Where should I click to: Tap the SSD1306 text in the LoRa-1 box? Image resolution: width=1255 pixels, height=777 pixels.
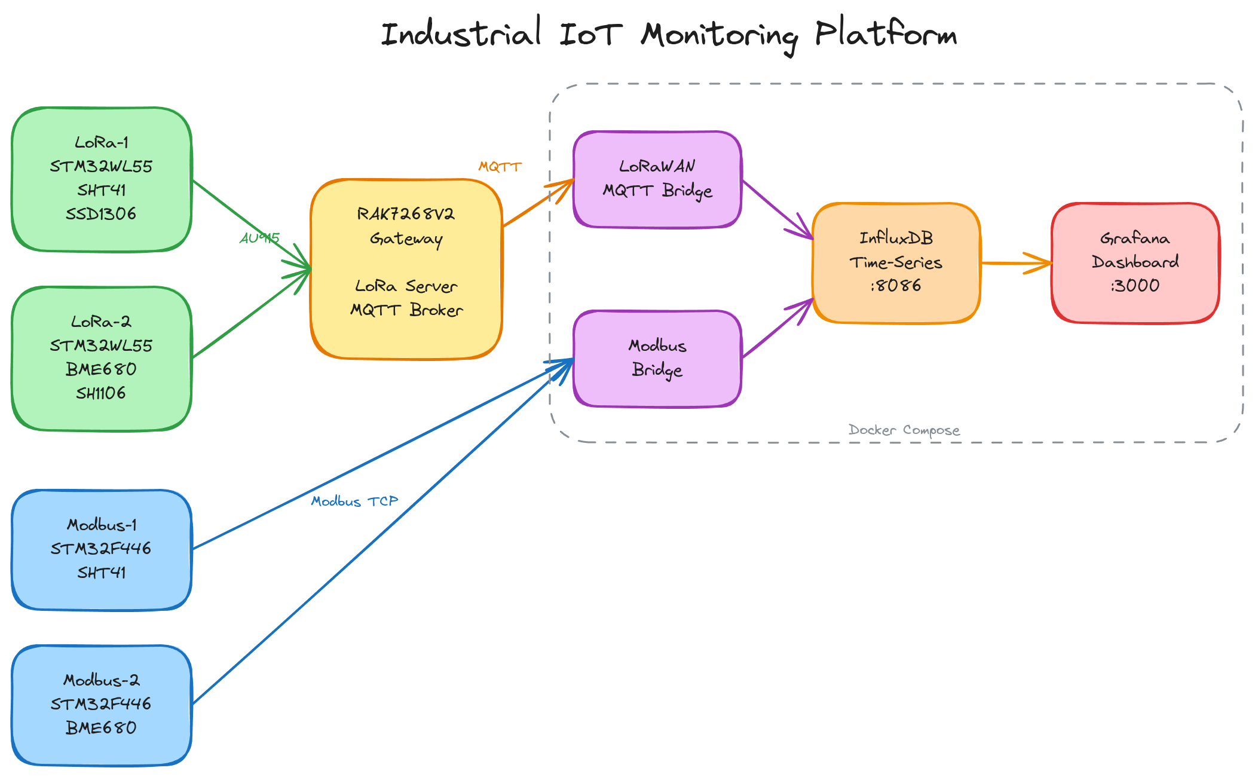click(101, 214)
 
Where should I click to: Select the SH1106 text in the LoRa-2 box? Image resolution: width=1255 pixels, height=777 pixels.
click(101, 393)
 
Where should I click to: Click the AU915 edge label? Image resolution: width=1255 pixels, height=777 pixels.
click(259, 238)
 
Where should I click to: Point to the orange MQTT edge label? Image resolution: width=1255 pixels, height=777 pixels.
click(500, 167)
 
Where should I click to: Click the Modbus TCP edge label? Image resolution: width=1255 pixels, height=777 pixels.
click(354, 501)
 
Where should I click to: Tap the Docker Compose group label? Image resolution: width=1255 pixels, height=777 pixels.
click(904, 430)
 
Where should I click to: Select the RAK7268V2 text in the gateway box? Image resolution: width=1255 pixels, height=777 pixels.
click(406, 214)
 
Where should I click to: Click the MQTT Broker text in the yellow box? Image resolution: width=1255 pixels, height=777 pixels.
click(406, 310)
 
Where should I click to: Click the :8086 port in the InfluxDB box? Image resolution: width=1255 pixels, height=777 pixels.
click(896, 286)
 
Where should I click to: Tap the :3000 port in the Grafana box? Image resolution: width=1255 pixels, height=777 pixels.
click(1135, 286)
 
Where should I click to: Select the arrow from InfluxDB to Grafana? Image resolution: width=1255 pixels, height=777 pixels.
click(1016, 263)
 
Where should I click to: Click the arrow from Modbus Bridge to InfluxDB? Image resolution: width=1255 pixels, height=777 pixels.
click(777, 329)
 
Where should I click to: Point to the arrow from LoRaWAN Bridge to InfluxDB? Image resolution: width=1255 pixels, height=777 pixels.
click(777, 209)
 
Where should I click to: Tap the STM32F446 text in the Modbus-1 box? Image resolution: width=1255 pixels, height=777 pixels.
click(101, 549)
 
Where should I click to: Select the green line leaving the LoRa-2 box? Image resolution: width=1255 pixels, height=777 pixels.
click(251, 314)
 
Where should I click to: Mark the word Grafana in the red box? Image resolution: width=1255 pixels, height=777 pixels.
click(1135, 238)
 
